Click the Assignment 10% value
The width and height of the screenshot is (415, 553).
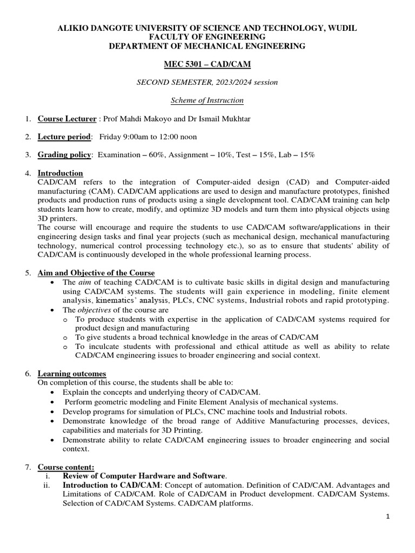(205, 155)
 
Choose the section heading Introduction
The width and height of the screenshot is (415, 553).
(60, 173)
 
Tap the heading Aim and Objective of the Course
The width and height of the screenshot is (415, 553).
(96, 273)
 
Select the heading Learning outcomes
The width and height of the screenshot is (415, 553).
(71, 374)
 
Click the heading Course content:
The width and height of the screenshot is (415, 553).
(66, 467)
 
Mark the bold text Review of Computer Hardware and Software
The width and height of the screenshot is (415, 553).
(144, 476)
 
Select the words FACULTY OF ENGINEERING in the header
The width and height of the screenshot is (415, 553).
(207, 37)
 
